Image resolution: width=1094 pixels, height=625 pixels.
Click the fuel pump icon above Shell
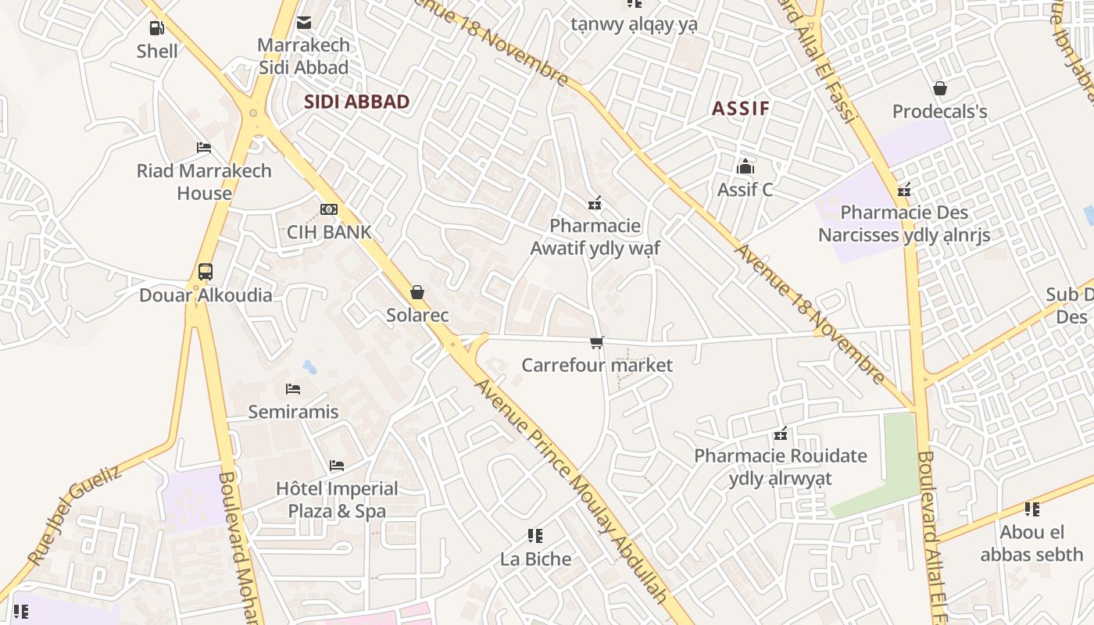pyautogui.click(x=157, y=28)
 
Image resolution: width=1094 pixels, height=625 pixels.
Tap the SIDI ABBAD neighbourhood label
pyautogui.click(x=356, y=102)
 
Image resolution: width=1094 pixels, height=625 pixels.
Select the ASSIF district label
pyautogui.click(x=741, y=109)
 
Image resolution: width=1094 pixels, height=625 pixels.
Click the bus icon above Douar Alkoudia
pyautogui.click(x=205, y=272)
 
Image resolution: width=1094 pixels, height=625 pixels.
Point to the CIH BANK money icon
pyautogui.click(x=329, y=209)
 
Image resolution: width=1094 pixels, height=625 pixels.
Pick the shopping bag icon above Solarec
pyautogui.click(x=417, y=292)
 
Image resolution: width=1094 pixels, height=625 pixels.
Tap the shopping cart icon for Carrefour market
pyautogui.click(x=597, y=342)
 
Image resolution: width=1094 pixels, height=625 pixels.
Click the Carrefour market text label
pyautogui.click(x=597, y=365)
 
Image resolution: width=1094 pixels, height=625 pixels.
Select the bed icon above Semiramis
pyautogui.click(x=293, y=388)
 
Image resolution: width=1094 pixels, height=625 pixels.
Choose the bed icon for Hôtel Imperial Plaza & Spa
pyautogui.click(x=337, y=466)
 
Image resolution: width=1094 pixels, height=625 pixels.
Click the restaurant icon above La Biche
pyautogui.click(x=535, y=536)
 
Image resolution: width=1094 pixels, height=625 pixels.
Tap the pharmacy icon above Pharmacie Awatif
pyautogui.click(x=595, y=203)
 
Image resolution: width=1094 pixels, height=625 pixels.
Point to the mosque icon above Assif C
pyautogui.click(x=745, y=166)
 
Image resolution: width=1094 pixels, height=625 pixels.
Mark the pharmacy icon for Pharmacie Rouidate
pyautogui.click(x=780, y=433)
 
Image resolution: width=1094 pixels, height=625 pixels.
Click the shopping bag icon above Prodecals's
pyautogui.click(x=939, y=88)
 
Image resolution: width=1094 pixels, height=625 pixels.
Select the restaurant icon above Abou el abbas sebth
pyautogui.click(x=1032, y=509)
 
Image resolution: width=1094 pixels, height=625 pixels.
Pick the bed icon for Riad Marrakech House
pyautogui.click(x=204, y=147)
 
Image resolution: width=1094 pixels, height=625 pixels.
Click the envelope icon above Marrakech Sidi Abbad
pyautogui.click(x=304, y=23)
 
